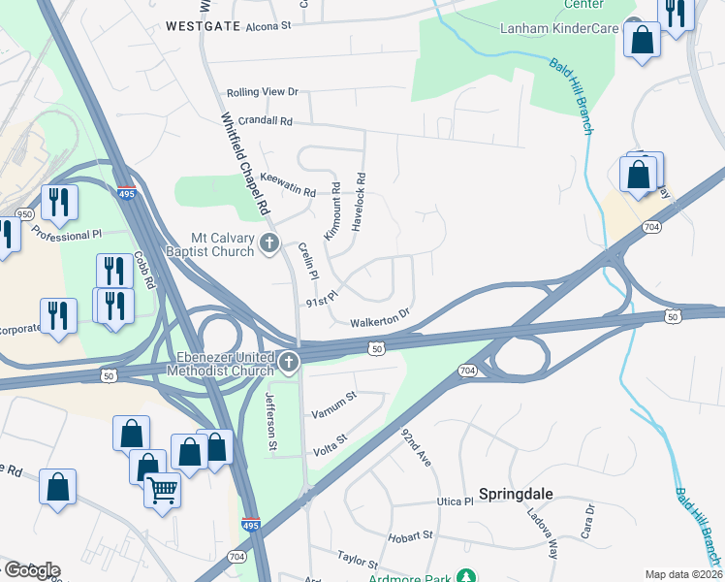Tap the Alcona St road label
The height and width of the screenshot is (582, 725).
coord(268,27)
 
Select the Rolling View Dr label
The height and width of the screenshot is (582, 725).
coord(262,92)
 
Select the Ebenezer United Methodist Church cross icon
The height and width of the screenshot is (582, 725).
coord(288,363)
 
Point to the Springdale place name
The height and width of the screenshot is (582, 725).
coord(517,494)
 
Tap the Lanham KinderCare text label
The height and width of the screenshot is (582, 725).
coord(557,29)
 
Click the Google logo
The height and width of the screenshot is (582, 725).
coord(31,570)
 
